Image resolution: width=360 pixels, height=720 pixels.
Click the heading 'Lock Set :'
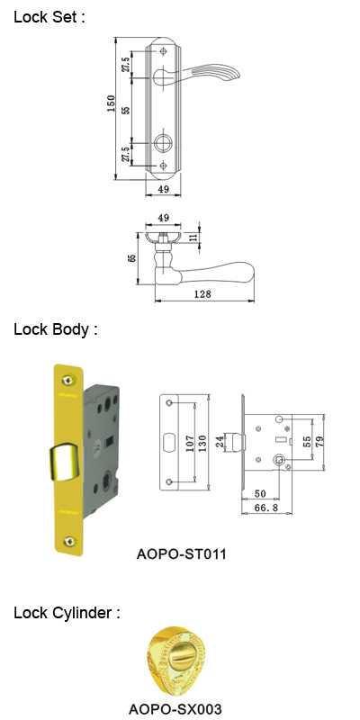[49, 17]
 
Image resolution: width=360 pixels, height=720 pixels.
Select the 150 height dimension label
[111, 104]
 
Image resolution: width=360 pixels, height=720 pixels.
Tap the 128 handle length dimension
[202, 294]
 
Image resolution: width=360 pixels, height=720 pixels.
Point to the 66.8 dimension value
[265, 508]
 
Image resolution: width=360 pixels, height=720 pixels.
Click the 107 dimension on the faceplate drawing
[189, 444]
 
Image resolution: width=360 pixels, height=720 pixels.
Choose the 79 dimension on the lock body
[320, 441]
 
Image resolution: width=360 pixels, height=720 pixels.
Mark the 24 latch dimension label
[220, 442]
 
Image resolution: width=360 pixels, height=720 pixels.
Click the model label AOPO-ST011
[182, 553]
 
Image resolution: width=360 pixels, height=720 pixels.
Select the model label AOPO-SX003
[175, 708]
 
